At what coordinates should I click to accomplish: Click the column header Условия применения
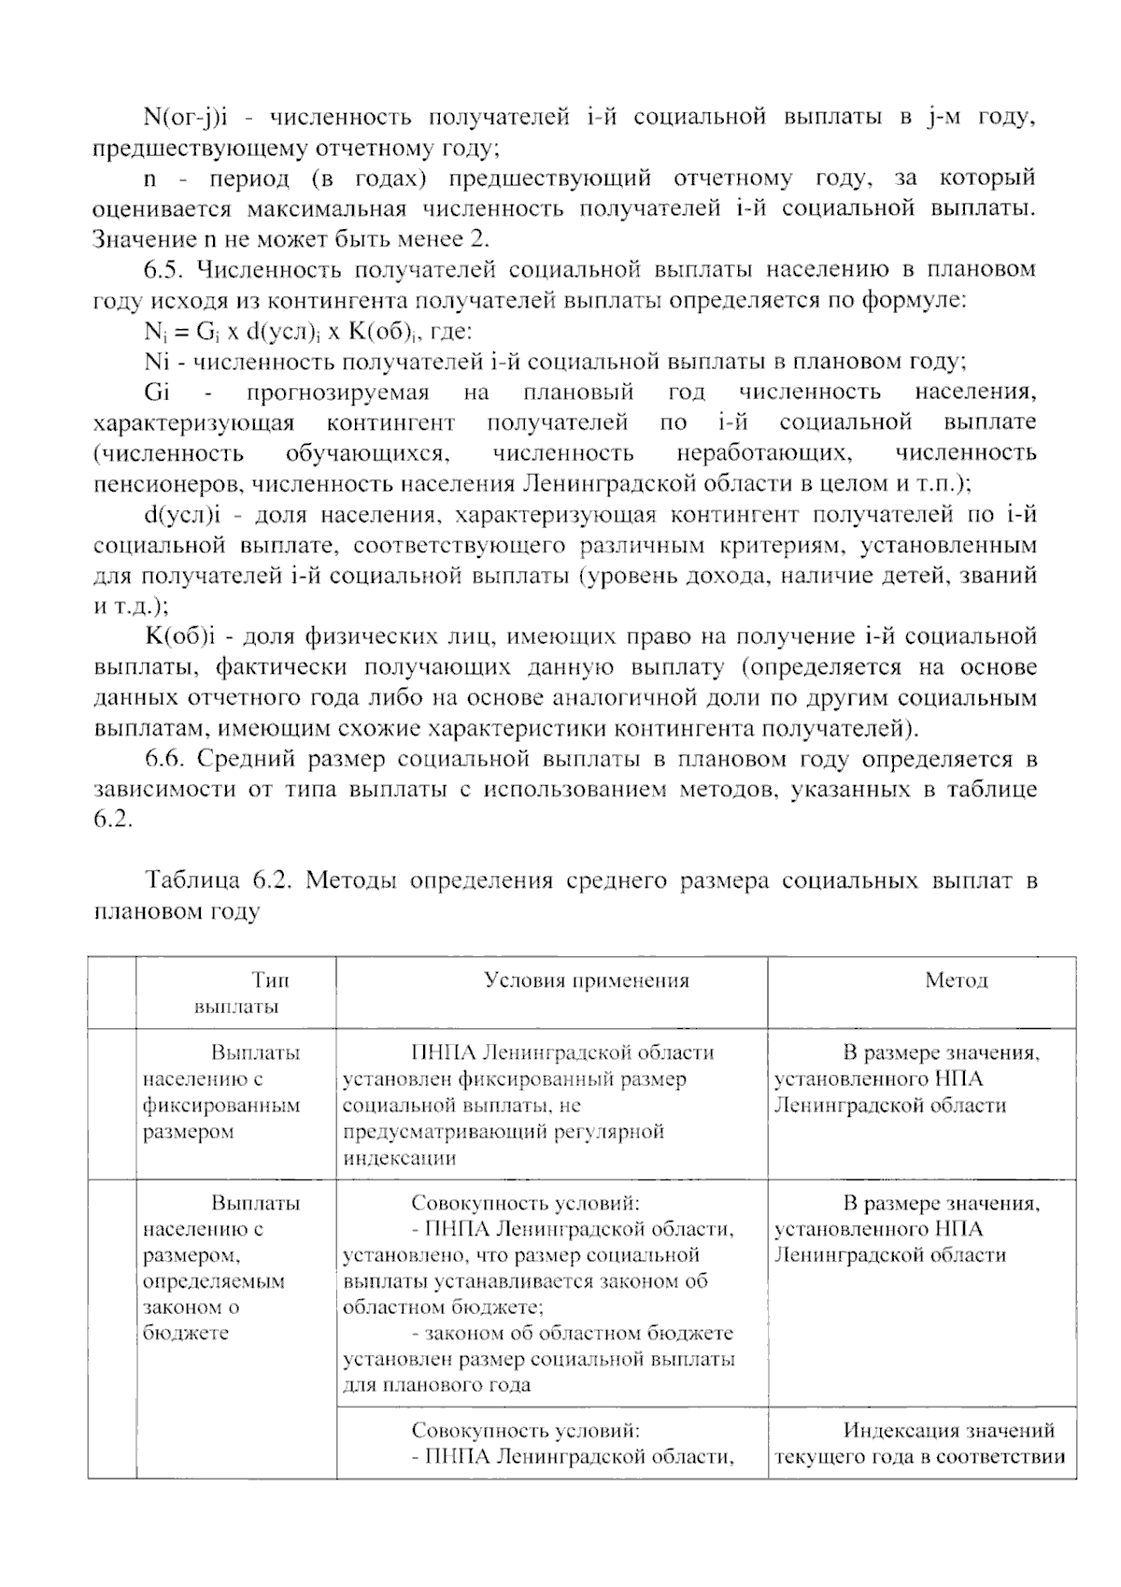click(586, 980)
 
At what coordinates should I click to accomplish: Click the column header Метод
click(956, 980)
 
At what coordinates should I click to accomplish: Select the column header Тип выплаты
click(237, 993)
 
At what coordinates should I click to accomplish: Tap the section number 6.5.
click(165, 270)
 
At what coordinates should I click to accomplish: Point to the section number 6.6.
click(165, 759)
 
